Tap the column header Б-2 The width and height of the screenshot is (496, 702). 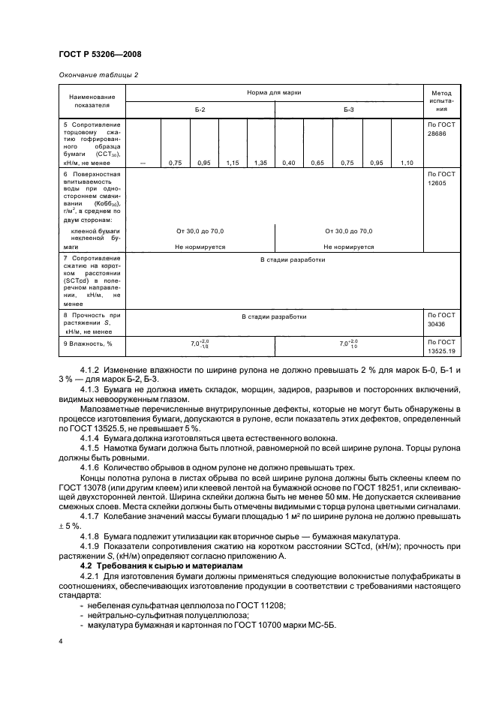click(x=200, y=109)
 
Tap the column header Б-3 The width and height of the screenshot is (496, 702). click(x=349, y=109)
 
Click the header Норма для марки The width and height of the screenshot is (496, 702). click(x=274, y=91)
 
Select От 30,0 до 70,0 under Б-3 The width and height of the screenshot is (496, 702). click(x=349, y=231)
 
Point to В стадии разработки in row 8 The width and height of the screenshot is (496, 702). click(x=274, y=316)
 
